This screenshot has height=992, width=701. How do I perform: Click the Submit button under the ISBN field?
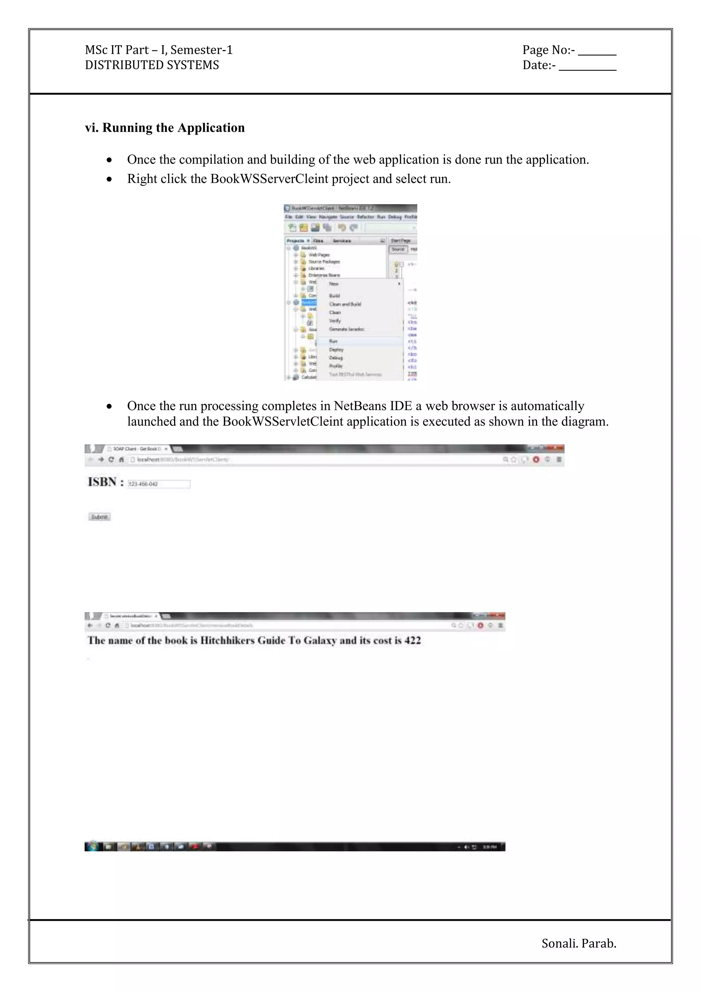click(x=99, y=517)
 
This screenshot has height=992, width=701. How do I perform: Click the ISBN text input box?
click(x=159, y=484)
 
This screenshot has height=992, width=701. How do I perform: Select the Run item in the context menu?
click(x=333, y=341)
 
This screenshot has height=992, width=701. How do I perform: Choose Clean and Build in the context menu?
click(x=345, y=304)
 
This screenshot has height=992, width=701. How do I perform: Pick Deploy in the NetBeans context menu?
click(x=336, y=349)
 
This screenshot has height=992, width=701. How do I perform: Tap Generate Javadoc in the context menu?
click(x=347, y=329)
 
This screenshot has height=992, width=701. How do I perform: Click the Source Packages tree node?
click(x=324, y=262)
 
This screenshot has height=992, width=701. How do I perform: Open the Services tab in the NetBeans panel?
click(x=342, y=241)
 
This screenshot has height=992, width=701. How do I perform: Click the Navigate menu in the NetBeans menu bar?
click(x=328, y=217)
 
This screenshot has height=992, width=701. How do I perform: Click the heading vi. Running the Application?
click(x=165, y=128)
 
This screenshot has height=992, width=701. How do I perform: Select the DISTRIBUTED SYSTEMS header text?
click(x=152, y=65)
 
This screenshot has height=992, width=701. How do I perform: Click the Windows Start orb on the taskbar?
click(x=91, y=846)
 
